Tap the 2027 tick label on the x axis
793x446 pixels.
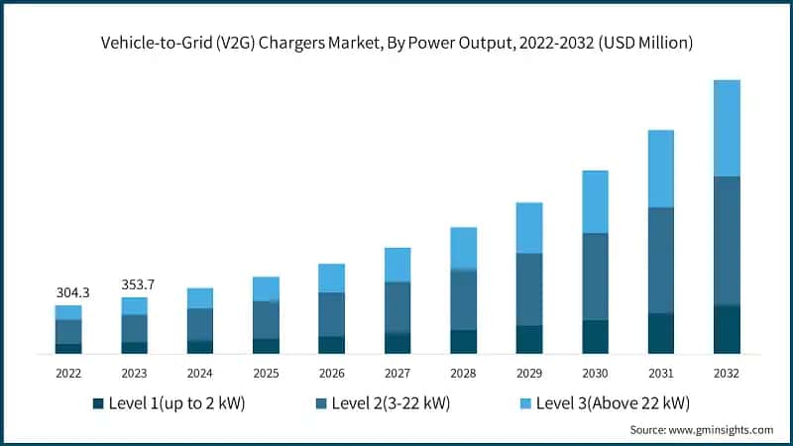click(x=397, y=374)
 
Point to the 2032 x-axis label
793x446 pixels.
click(x=727, y=374)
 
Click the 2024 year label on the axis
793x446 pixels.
click(x=200, y=374)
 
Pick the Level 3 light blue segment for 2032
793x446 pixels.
click(x=727, y=128)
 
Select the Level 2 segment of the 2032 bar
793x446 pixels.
click(x=727, y=241)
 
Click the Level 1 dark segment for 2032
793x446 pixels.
click(x=727, y=329)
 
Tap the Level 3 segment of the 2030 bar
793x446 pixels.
click(x=595, y=201)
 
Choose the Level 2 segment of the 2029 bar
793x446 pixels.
click(x=529, y=288)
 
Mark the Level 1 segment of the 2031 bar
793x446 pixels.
click(x=661, y=333)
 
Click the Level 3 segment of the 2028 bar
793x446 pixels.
click(x=463, y=248)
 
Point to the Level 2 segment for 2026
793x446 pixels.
click(x=331, y=314)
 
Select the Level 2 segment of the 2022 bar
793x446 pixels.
click(x=68, y=331)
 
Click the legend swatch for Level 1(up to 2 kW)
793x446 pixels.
click(x=98, y=403)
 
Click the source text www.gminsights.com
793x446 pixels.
click(x=721, y=430)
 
